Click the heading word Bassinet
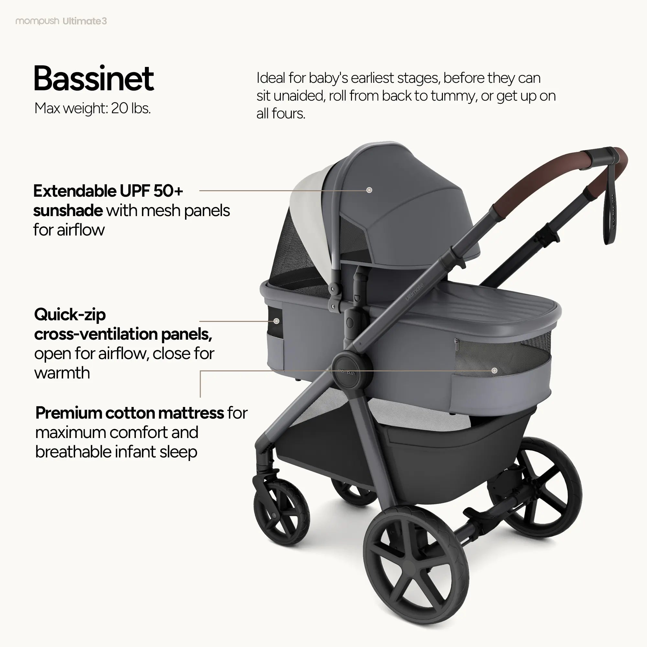[94, 79]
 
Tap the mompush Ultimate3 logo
[61, 21]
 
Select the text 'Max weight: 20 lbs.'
[93, 108]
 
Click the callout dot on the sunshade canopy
[369, 190]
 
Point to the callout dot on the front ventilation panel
[276, 321]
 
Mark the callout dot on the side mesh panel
[494, 370]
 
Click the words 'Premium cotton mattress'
[130, 412]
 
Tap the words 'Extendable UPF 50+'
[108, 191]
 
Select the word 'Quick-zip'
[70, 314]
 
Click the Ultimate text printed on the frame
[415, 292]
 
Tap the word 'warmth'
[62, 373]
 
